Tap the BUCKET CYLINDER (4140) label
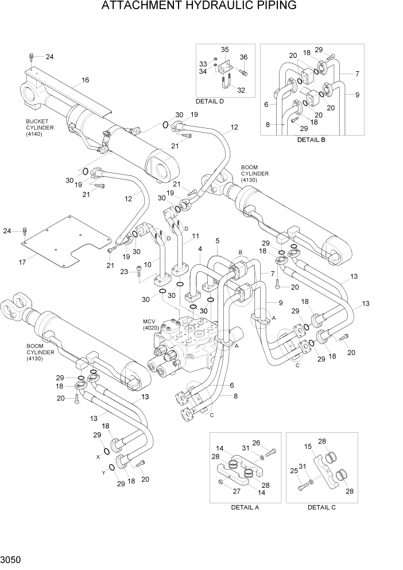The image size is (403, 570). [40, 128]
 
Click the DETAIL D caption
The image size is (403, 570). [210, 101]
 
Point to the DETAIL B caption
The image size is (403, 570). [311, 140]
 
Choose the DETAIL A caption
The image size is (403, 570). [245, 507]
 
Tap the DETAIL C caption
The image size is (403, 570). [321, 507]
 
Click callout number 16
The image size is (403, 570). [85, 80]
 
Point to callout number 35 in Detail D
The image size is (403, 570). [225, 49]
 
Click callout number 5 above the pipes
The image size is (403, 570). [218, 240]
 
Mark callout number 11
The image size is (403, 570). [195, 236]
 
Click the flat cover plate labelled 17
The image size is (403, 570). [69, 241]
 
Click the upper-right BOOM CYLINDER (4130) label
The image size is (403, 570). [254, 173]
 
